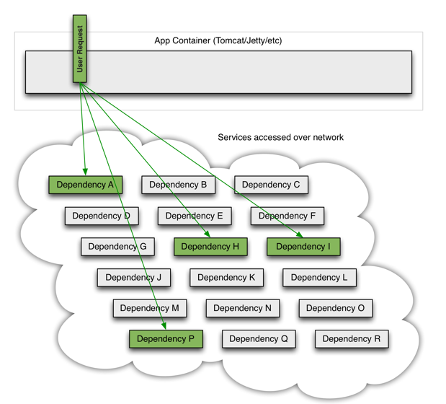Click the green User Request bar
(x=80, y=48)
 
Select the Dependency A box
(x=85, y=185)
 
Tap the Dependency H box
(x=210, y=247)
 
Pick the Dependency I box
(x=303, y=247)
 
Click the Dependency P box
(x=166, y=339)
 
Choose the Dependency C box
(x=271, y=185)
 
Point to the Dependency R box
(x=352, y=339)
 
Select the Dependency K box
(x=226, y=277)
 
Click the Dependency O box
(x=336, y=308)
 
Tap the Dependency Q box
(x=259, y=339)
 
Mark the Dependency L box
(x=319, y=277)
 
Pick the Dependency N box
(x=243, y=308)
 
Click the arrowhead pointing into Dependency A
(x=85, y=172)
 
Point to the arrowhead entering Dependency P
(x=164, y=325)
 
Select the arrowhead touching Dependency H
(x=207, y=234)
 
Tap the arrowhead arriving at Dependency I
(x=299, y=234)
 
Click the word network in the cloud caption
(x=329, y=138)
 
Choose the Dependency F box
(x=287, y=216)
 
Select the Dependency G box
(x=117, y=247)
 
